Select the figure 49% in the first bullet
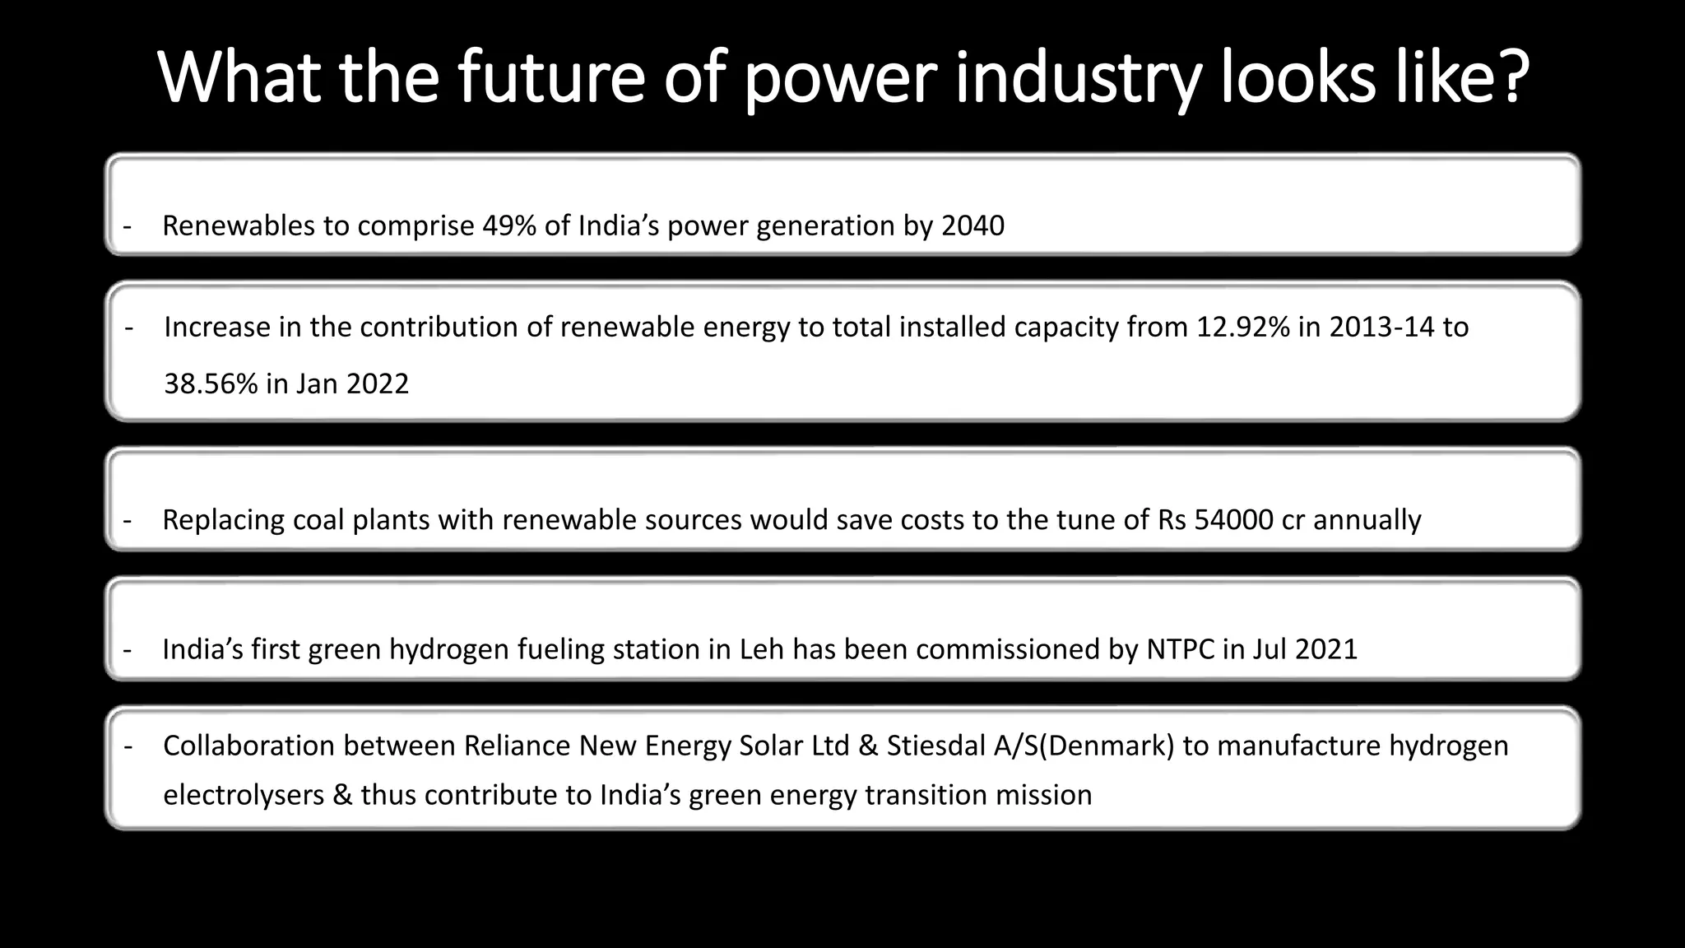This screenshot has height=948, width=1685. [x=509, y=225]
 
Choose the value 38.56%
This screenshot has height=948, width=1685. [x=211, y=384]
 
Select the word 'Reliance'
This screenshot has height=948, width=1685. [x=517, y=746]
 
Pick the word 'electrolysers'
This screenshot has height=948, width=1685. [x=244, y=795]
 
